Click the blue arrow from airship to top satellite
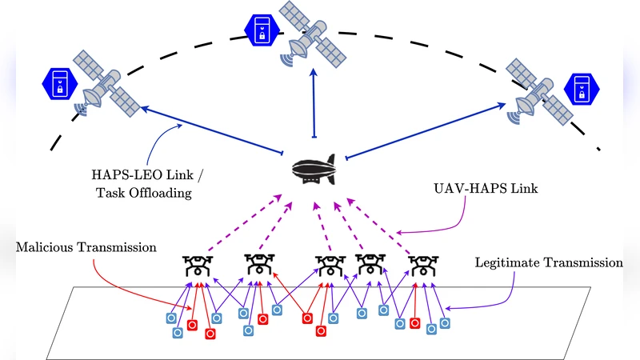[x=314, y=104]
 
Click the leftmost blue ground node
[x=170, y=318]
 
